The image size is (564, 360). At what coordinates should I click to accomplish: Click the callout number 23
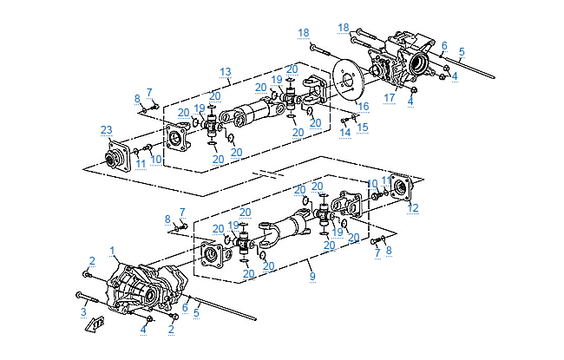(x=106, y=130)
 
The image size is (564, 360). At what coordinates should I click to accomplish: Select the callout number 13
(x=225, y=71)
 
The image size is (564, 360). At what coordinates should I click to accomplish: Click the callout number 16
(x=364, y=106)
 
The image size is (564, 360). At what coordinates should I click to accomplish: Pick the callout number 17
(x=389, y=97)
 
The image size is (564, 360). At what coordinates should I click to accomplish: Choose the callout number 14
(x=345, y=132)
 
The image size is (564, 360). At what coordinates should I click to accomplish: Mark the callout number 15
(x=363, y=127)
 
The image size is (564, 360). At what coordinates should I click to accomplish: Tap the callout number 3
(x=83, y=311)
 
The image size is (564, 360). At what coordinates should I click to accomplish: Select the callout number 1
(x=112, y=250)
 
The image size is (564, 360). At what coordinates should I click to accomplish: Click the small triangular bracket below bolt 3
(x=95, y=324)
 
